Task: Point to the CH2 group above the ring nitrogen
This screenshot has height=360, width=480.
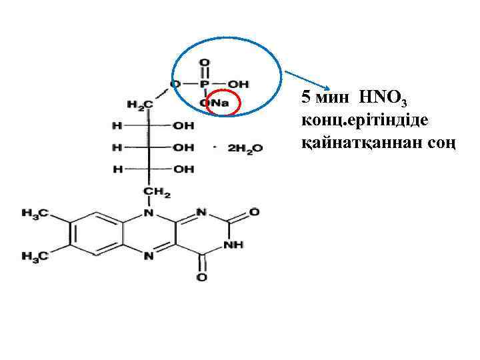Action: tap(159, 192)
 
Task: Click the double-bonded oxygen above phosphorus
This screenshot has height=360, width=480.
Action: tap(205, 64)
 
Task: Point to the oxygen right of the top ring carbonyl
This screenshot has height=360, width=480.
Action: tap(254, 213)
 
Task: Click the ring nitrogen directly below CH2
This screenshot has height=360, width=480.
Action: tap(149, 214)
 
